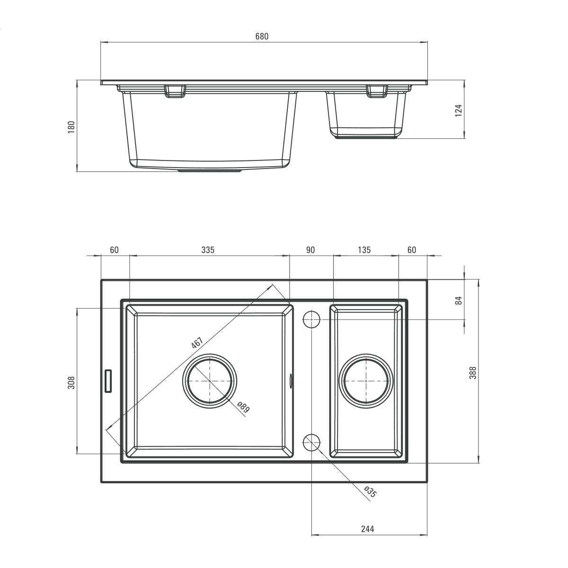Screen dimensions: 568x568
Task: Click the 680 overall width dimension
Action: [x=262, y=36]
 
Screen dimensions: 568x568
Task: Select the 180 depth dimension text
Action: [x=71, y=127]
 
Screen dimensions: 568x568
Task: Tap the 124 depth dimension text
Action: [x=458, y=110]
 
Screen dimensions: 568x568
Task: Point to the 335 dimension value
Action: [x=208, y=250]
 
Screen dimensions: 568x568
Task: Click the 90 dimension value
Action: [x=311, y=250]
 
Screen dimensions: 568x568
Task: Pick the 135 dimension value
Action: [x=364, y=250]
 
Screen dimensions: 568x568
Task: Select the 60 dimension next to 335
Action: [x=114, y=250]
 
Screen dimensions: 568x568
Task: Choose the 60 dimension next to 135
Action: [x=412, y=250]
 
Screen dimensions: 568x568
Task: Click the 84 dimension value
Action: [x=458, y=300]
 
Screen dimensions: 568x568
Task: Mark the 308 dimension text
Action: [x=71, y=382]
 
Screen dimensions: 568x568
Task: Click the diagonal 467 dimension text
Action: [x=197, y=343]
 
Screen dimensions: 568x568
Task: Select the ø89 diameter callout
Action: [x=243, y=408]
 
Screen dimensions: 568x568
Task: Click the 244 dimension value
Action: [x=367, y=529]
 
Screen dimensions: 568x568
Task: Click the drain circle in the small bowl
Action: [x=367, y=381]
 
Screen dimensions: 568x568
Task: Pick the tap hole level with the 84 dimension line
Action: [x=311, y=319]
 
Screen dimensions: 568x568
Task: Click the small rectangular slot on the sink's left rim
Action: [x=108, y=381]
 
